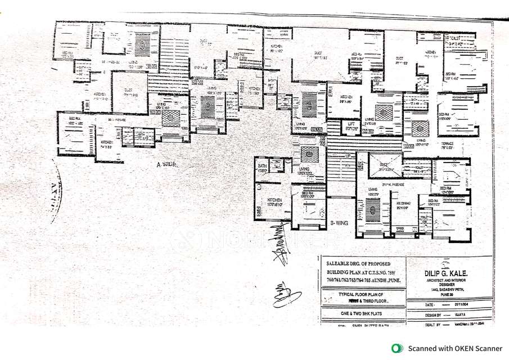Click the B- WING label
(340, 223)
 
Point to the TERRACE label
(448, 144)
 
